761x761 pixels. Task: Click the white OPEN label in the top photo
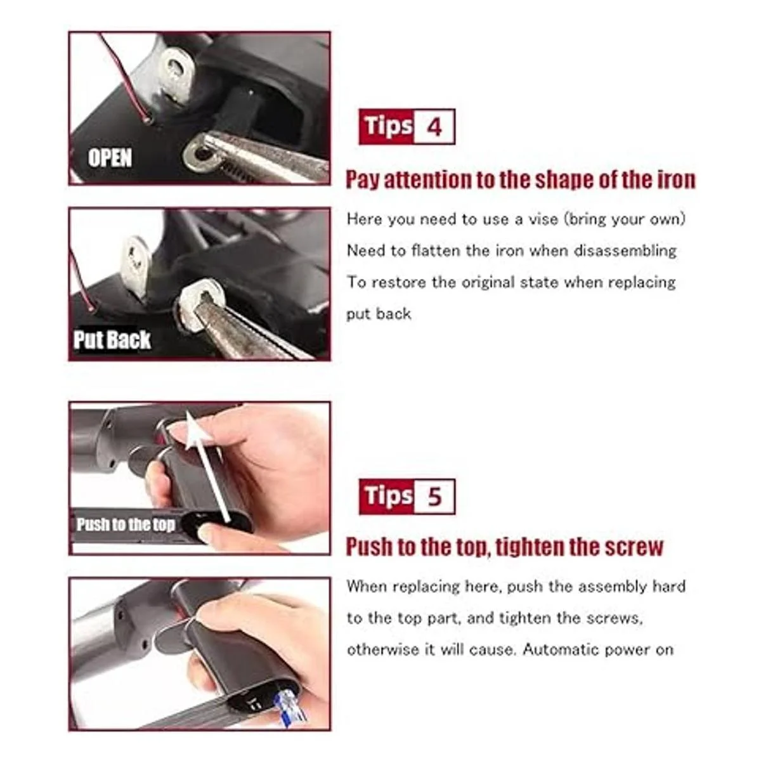pos(110,158)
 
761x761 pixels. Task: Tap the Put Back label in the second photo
pos(112,340)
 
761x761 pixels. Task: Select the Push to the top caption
pos(126,524)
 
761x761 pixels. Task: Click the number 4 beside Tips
pos(434,127)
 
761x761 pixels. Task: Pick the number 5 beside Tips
pos(434,497)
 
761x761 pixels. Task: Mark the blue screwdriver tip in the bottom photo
pos(292,708)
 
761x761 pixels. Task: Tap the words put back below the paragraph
pos(379,314)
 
